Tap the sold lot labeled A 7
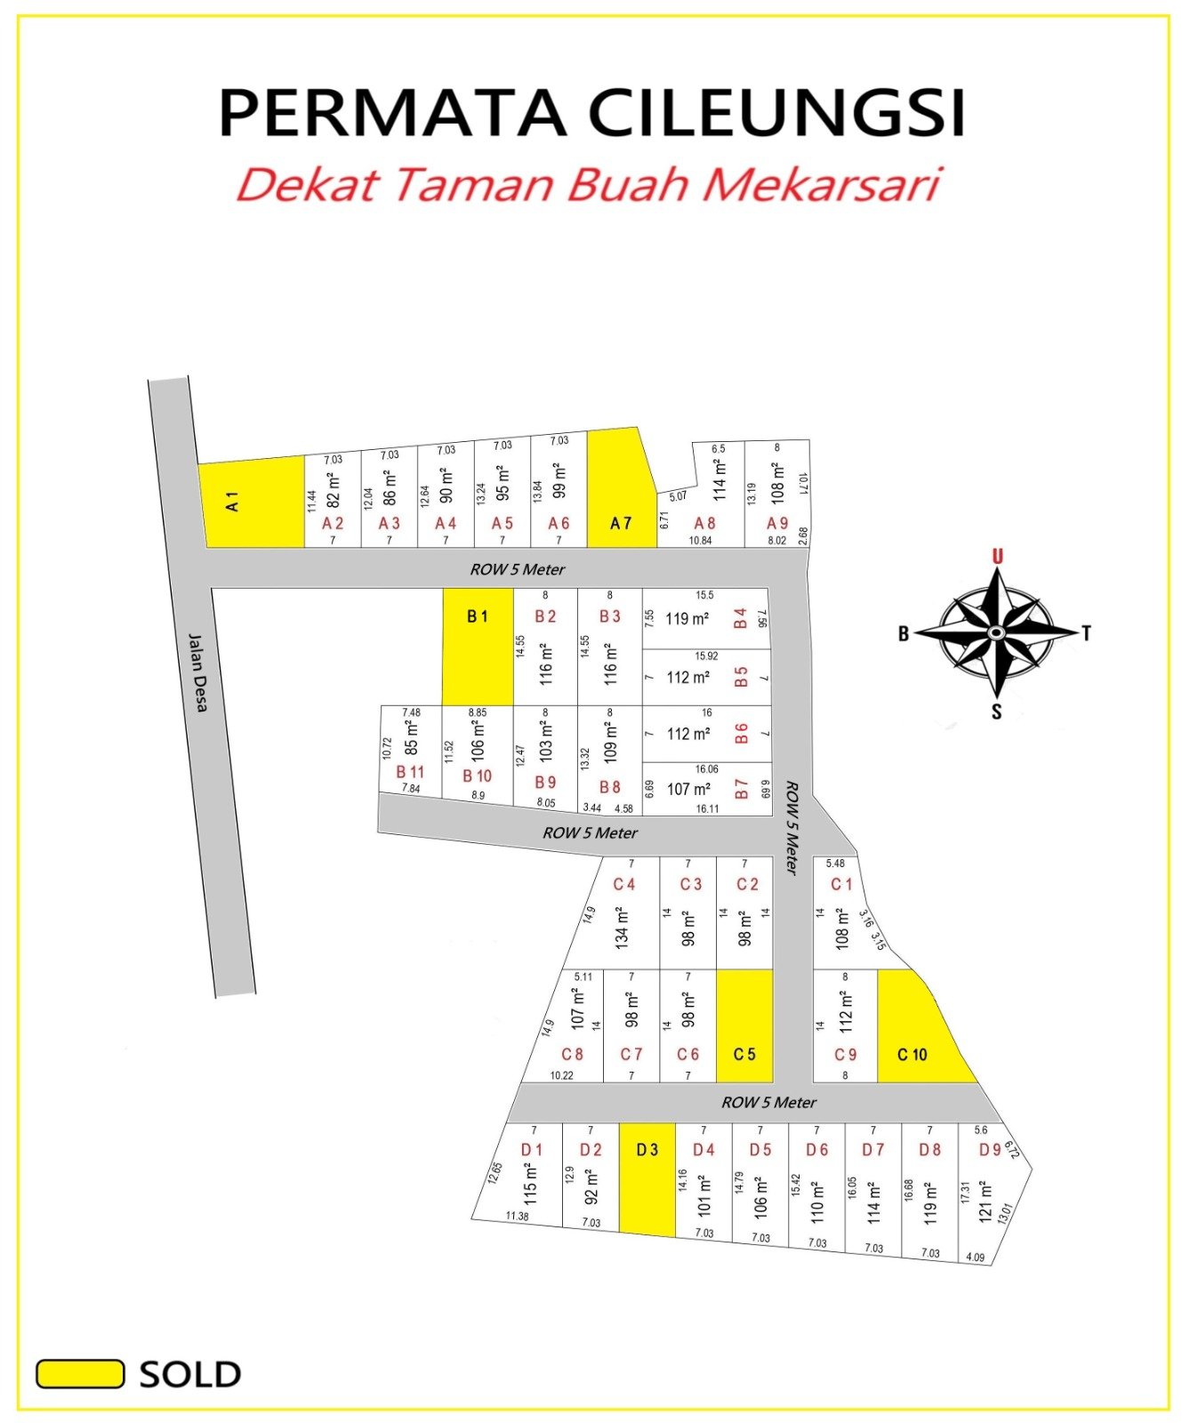pyautogui.click(x=621, y=498)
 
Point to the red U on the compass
pyautogui.click(x=997, y=557)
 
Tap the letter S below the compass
pyautogui.click(x=996, y=711)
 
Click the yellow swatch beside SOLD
pyautogui.click(x=80, y=1373)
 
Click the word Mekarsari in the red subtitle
pyautogui.click(x=822, y=185)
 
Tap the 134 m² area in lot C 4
pyautogui.click(x=622, y=926)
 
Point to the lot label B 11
pyautogui.click(x=410, y=771)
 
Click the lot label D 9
pyautogui.click(x=990, y=1149)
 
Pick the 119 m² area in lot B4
pyautogui.click(x=687, y=619)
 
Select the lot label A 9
pyautogui.click(x=777, y=523)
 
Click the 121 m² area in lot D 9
pyautogui.click(x=985, y=1202)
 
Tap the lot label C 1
pyautogui.click(x=841, y=884)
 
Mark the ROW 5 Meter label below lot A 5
pyautogui.click(x=518, y=569)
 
